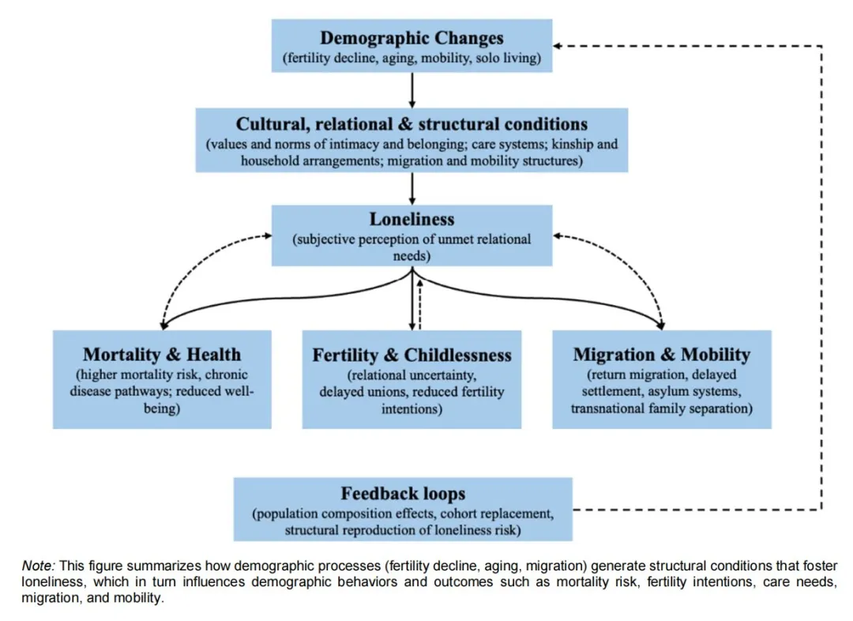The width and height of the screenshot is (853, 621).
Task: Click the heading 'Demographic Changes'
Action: point(411,38)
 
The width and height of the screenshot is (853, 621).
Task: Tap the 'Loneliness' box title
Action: point(411,219)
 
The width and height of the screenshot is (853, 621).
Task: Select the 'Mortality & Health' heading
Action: point(162,354)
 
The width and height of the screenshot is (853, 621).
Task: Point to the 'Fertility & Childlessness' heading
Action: point(411,355)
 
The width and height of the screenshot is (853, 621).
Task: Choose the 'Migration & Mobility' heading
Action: point(661,354)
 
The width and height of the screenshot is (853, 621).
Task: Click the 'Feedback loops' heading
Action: point(403,494)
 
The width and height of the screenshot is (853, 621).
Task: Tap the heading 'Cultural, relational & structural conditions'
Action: point(411,124)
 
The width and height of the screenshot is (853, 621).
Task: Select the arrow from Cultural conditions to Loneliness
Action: point(411,188)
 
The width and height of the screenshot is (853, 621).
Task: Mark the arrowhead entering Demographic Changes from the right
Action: point(557,45)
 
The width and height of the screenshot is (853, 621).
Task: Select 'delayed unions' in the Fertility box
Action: point(355,392)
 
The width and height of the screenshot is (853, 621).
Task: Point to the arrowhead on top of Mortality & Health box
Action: point(163,324)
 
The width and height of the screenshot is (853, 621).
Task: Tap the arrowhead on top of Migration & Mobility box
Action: point(660,324)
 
